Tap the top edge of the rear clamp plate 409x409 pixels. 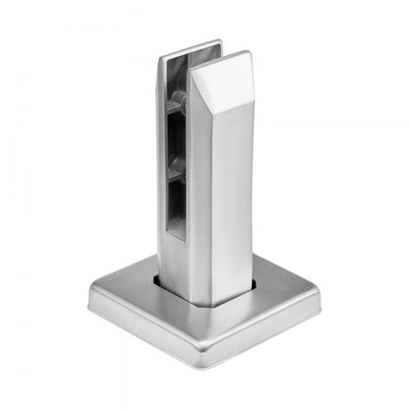click(189, 45)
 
